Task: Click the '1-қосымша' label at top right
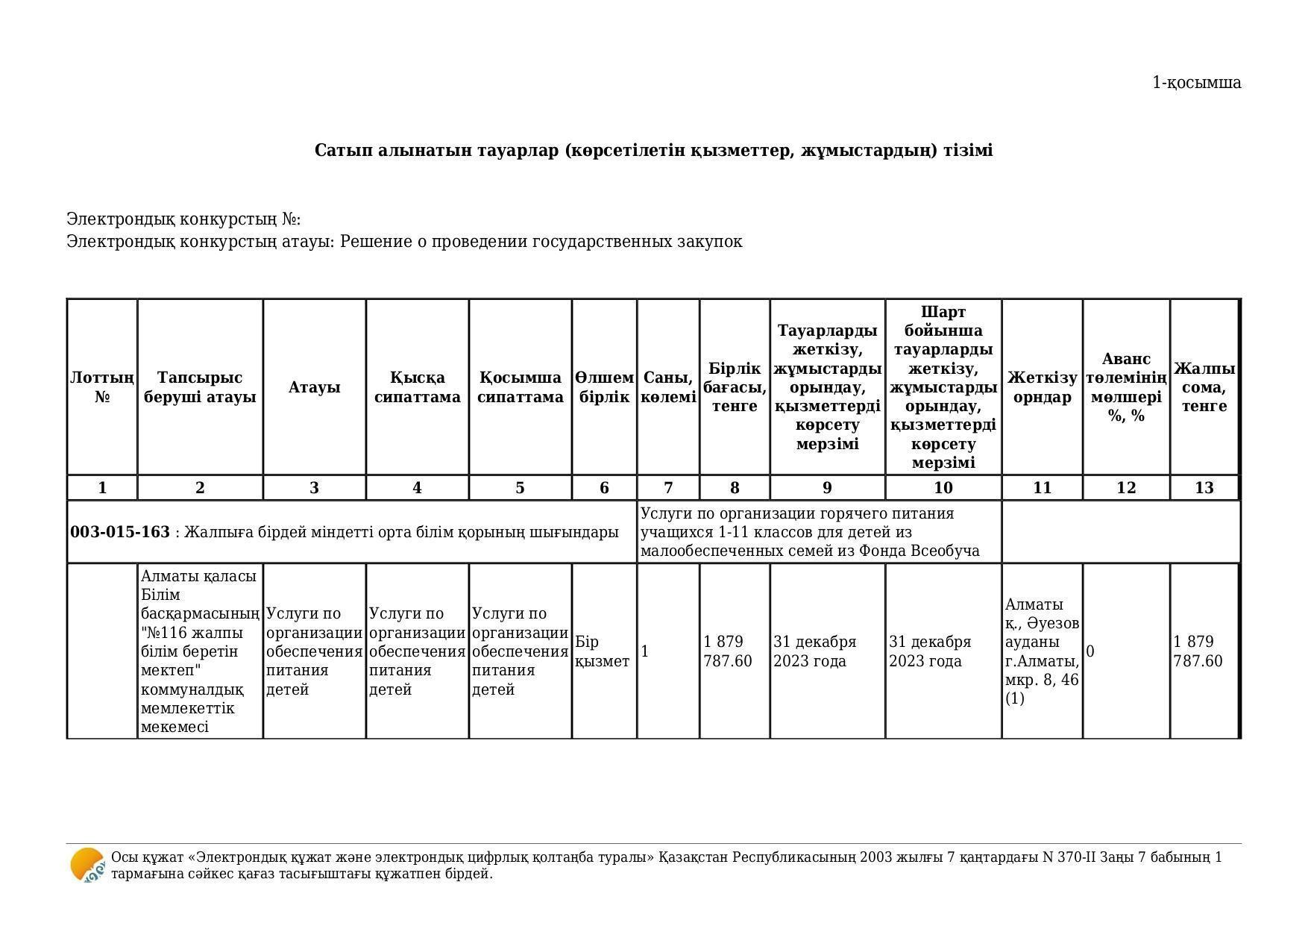click(1196, 83)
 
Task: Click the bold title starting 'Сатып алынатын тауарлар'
click(653, 151)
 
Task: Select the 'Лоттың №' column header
click(102, 387)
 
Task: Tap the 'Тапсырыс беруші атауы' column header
click(200, 387)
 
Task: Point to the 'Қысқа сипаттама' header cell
click(417, 387)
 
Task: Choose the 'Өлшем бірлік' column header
click(604, 387)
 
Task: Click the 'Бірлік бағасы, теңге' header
click(735, 387)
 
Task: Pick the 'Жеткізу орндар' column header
click(1042, 387)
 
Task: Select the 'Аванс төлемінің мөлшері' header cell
click(1126, 387)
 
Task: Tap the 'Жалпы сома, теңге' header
click(1204, 387)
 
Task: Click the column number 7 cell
click(668, 488)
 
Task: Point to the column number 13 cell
click(1204, 488)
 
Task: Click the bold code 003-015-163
click(120, 532)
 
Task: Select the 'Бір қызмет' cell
click(603, 651)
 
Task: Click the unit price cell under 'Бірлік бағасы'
click(728, 651)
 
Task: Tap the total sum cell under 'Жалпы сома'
click(1198, 651)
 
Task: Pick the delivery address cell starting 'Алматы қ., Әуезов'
click(1042, 651)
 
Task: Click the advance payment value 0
click(1090, 651)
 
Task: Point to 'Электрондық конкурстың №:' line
click(183, 219)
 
